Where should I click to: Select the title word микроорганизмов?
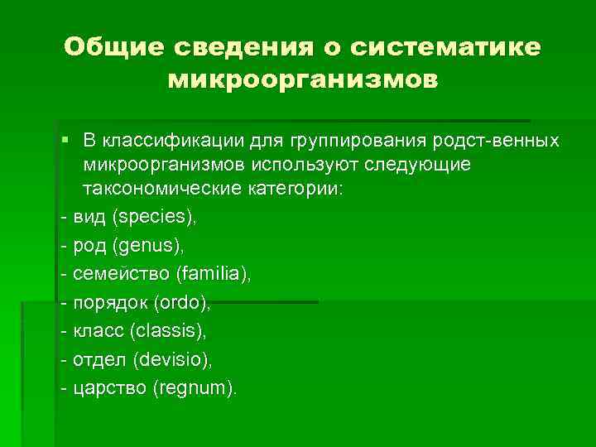click(x=303, y=81)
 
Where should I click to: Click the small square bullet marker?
click(x=65, y=137)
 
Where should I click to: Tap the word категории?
click(x=294, y=189)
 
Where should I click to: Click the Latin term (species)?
click(x=156, y=218)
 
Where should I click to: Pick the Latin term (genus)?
click(x=150, y=246)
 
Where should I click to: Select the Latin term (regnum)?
click(x=195, y=388)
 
